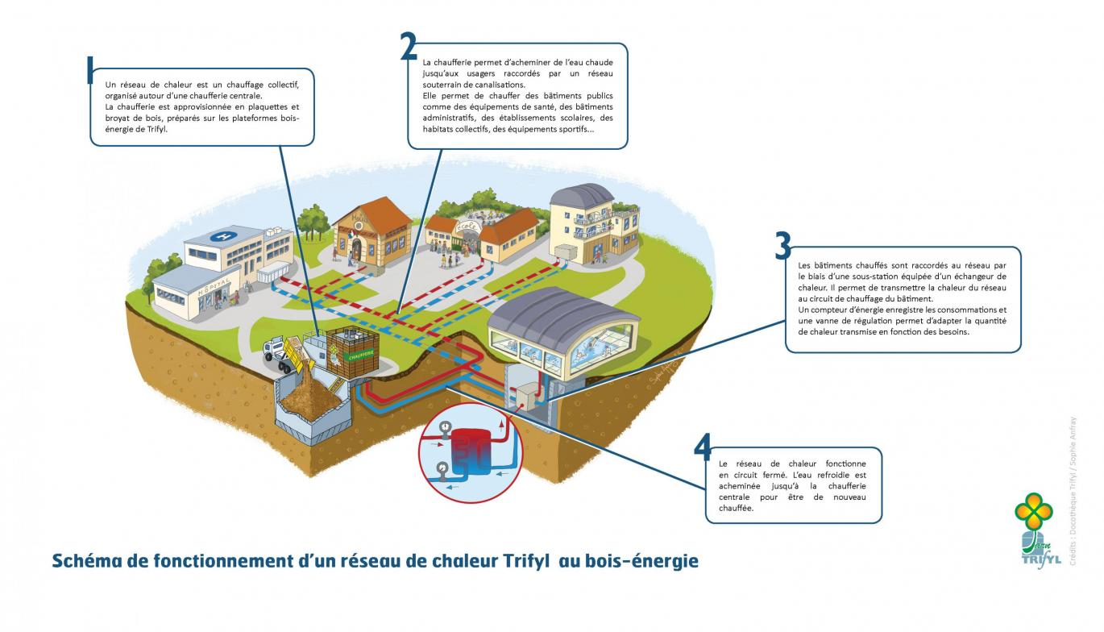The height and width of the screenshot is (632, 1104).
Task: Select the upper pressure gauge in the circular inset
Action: pyautogui.click(x=442, y=430)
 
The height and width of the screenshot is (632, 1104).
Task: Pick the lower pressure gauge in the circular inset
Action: pyautogui.click(x=441, y=468)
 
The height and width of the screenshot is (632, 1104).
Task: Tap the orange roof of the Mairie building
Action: pyautogui.click(x=379, y=211)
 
